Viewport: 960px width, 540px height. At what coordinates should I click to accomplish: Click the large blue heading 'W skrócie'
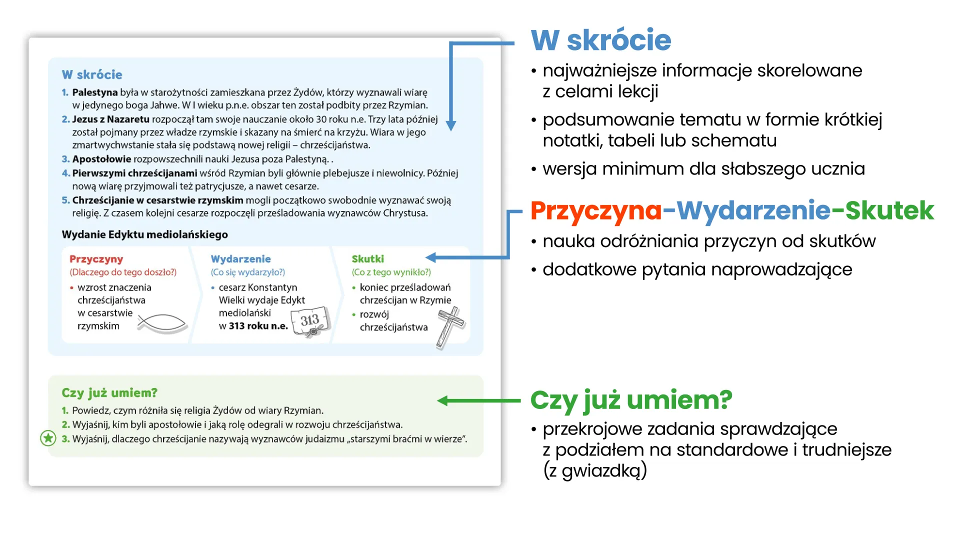coord(601,40)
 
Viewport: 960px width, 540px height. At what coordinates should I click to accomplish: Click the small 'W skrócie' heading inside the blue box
coord(92,74)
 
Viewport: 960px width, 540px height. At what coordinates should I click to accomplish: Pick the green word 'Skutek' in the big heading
coord(889,210)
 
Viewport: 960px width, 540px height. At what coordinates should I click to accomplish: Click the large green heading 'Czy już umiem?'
coord(631,400)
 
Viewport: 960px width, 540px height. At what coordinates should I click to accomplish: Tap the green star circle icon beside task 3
coord(48,438)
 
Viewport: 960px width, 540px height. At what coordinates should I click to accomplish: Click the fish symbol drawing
coord(162,323)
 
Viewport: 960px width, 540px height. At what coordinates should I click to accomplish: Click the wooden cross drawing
coord(450,327)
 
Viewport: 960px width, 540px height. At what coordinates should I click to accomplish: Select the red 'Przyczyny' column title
coord(96,259)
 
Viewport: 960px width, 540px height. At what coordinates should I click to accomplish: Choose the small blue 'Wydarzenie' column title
coord(240,259)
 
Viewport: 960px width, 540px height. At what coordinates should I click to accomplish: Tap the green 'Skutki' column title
coord(367,259)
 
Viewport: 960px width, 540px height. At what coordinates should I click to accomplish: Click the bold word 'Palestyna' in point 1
coord(95,92)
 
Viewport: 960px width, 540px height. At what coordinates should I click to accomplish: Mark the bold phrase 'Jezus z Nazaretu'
coord(110,119)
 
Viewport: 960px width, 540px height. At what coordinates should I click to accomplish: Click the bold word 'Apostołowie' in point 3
coord(101,159)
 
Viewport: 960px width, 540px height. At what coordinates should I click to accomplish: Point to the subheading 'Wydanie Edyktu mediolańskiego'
coord(145,234)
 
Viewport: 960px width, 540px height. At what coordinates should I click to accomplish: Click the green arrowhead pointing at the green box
coord(443,400)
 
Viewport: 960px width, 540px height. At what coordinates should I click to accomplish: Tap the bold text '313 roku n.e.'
coord(258,326)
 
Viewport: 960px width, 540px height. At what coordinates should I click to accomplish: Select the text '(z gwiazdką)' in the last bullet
coord(595,470)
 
